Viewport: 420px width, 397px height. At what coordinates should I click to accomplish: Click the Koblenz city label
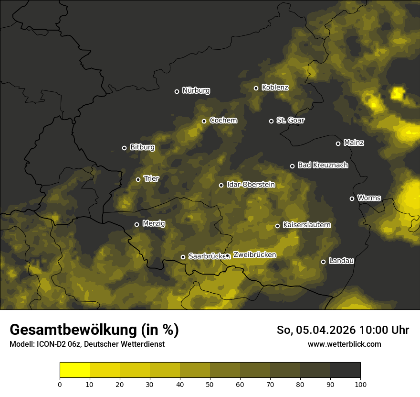click(275, 88)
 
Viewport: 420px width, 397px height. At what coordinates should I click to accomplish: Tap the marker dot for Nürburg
click(177, 91)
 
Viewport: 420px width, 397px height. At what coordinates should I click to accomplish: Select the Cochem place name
click(223, 121)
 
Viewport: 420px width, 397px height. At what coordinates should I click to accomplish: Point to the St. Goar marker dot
click(271, 121)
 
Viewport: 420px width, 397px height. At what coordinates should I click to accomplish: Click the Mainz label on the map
click(354, 143)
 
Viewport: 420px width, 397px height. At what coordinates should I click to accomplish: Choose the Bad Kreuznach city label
click(323, 165)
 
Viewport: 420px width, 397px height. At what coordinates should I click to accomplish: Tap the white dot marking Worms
click(352, 198)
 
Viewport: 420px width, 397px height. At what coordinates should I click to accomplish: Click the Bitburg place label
click(142, 147)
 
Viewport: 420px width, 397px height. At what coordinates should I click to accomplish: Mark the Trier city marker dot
click(138, 179)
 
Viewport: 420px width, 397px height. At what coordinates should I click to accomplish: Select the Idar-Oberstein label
click(251, 184)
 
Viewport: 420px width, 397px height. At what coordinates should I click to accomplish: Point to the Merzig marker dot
click(136, 224)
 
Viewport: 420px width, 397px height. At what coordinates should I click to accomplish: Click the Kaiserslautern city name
click(306, 225)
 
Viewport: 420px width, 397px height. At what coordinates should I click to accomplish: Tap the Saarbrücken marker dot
click(183, 257)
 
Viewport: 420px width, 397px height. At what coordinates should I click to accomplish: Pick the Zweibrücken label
click(254, 255)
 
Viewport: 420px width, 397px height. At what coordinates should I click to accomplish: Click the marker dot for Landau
click(323, 262)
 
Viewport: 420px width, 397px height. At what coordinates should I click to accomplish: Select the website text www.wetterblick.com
click(344, 344)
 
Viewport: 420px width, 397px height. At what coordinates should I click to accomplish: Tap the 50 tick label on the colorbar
click(210, 384)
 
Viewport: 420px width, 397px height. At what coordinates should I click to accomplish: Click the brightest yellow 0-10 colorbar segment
click(74, 370)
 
